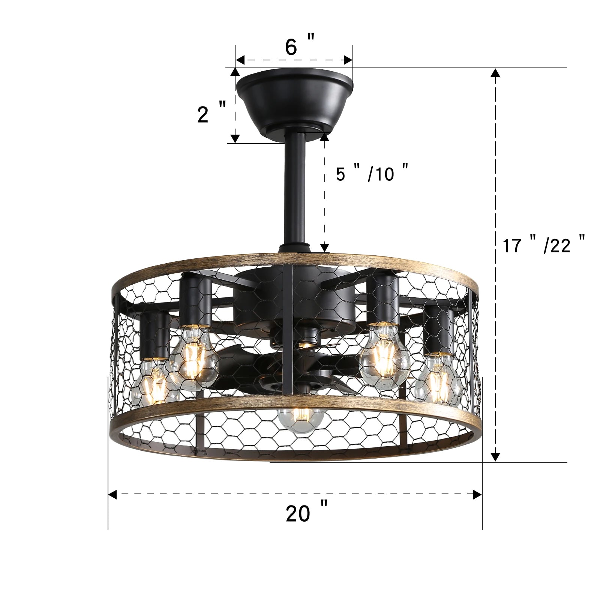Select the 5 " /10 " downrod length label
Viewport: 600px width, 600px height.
tap(371, 173)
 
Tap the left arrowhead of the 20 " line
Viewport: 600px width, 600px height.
tap(112, 494)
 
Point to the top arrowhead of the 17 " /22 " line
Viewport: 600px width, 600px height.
tap(495, 73)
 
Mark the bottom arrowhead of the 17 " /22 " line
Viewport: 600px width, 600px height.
tap(495, 457)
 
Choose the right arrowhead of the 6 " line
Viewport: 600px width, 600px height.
tap(348, 60)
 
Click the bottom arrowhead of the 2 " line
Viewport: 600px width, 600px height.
tap(235, 138)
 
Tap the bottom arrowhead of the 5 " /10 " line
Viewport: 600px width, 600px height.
tap(324, 247)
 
